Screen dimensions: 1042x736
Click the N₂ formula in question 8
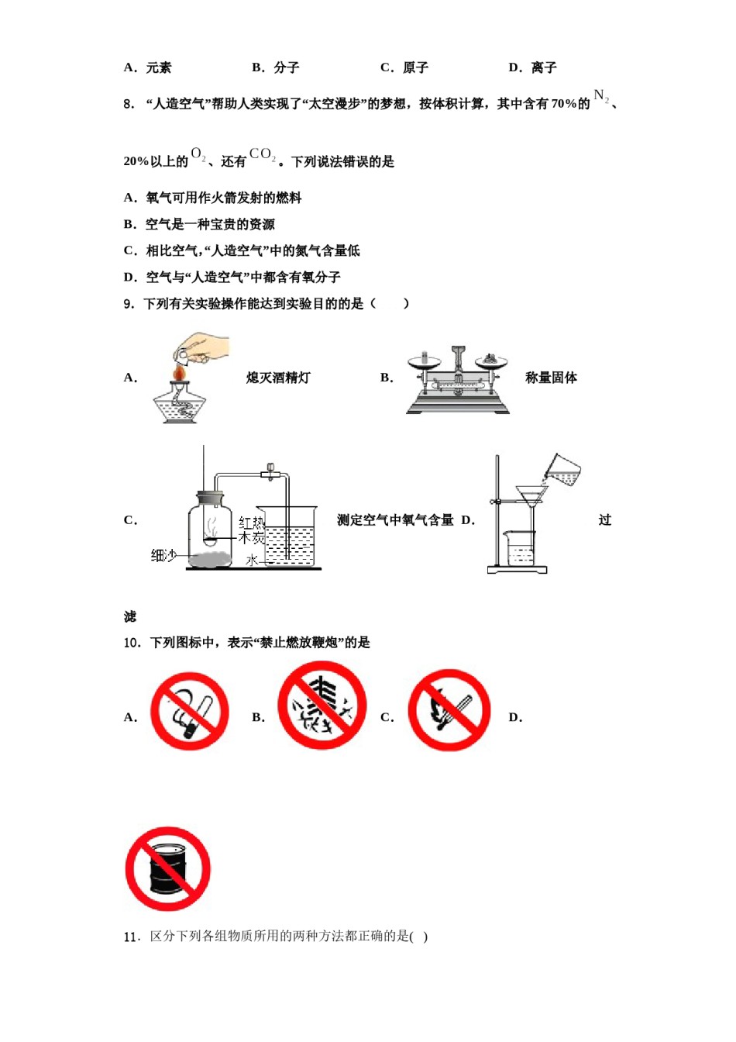(601, 97)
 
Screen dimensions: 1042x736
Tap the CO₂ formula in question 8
(262, 155)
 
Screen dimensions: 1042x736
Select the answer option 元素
(158, 68)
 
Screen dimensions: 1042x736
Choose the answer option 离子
(543, 68)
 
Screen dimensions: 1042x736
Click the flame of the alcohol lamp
(180, 374)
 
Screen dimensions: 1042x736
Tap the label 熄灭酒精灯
(278, 378)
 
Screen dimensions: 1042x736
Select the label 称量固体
(551, 378)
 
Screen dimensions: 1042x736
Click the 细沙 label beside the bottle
(163, 555)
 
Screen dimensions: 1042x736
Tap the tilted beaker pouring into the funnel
(563, 469)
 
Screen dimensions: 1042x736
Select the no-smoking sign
(189, 711)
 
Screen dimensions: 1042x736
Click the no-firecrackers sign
(322, 706)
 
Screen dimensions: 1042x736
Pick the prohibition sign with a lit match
(449, 711)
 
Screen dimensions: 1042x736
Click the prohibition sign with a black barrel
(168, 868)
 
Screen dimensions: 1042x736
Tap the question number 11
(131, 937)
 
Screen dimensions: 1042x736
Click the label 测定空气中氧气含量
(395, 520)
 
